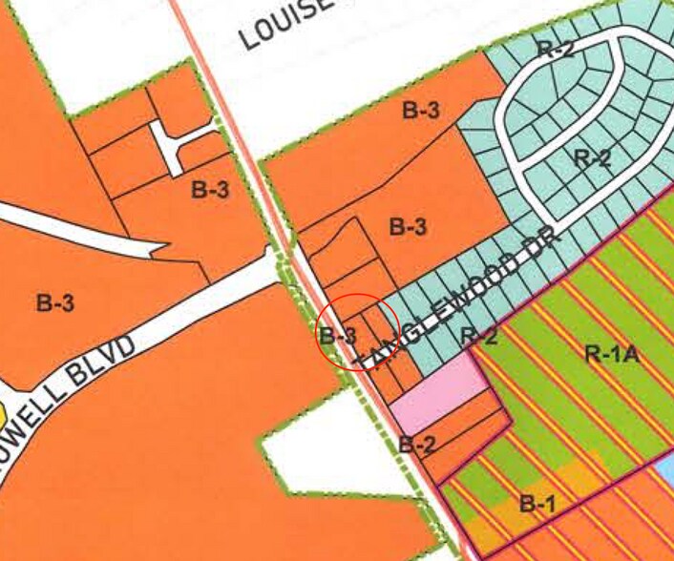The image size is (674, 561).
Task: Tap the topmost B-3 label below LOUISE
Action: [x=420, y=111]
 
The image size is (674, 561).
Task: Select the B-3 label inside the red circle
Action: [x=338, y=336]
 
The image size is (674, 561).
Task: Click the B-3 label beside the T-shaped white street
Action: [x=210, y=189]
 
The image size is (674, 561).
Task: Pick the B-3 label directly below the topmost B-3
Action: [x=409, y=227]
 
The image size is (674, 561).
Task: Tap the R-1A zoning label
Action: [x=611, y=355]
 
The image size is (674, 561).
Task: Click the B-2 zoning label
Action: [x=417, y=444]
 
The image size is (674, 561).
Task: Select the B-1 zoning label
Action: [x=537, y=504]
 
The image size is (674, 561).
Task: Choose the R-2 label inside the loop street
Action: [x=592, y=157]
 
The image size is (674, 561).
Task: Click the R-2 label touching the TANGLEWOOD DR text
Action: [x=478, y=336]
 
